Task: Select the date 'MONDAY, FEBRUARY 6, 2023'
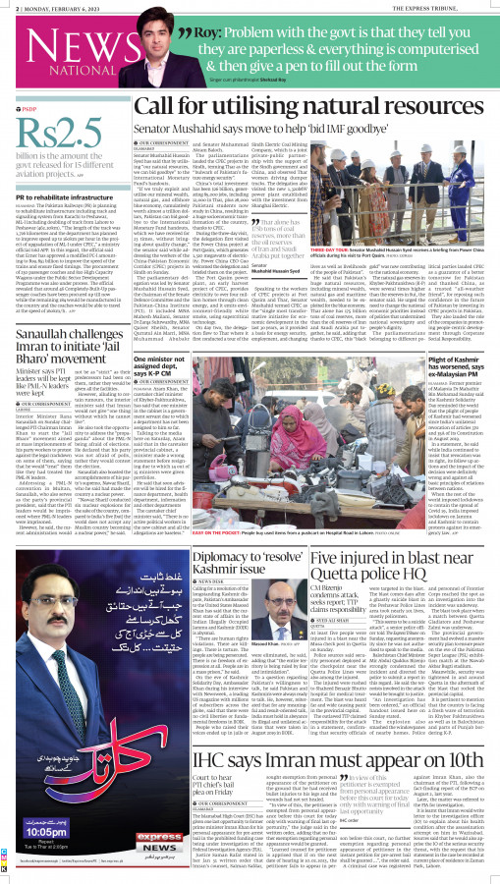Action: coord(48,6)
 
